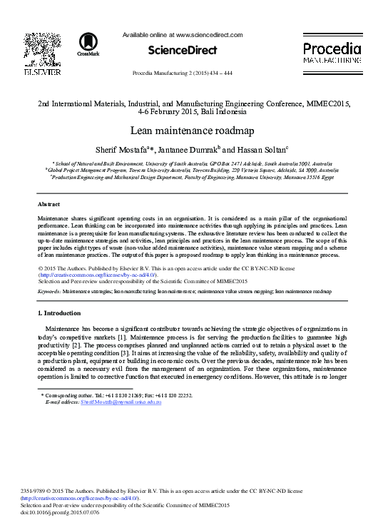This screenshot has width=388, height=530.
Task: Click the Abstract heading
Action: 48,204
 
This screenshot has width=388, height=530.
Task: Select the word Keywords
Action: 48,292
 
